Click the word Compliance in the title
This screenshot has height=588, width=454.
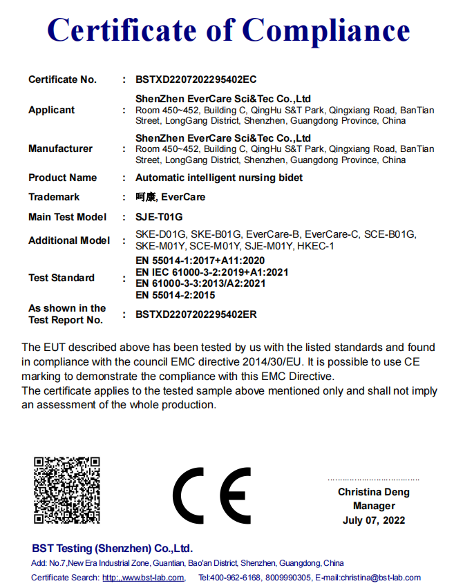click(x=327, y=31)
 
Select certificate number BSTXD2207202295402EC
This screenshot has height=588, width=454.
click(x=196, y=79)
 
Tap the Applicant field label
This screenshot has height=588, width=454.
click(x=51, y=110)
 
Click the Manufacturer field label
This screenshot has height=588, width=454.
click(x=60, y=149)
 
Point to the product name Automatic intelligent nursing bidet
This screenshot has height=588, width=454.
click(x=219, y=178)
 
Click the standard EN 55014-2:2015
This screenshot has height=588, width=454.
click(x=176, y=295)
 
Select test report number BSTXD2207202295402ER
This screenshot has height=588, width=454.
click(x=196, y=314)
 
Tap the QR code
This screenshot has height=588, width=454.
click(x=67, y=490)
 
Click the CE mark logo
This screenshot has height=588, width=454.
click(x=211, y=495)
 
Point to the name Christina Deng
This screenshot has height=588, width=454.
click(x=373, y=492)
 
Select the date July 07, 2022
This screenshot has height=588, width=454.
click(x=373, y=520)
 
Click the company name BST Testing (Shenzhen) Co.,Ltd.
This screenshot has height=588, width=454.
click(x=112, y=548)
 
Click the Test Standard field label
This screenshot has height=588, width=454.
click(x=62, y=278)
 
